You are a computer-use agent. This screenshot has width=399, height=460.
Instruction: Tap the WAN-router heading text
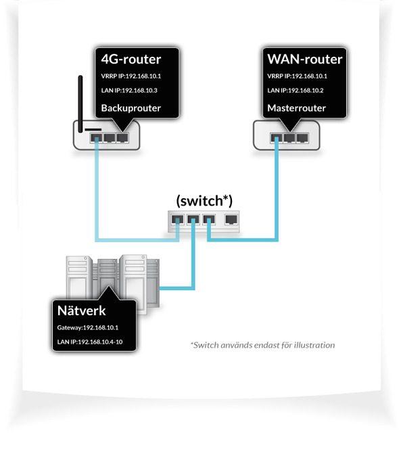coord(305,59)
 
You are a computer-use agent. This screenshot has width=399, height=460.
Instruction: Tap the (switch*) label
coord(204,201)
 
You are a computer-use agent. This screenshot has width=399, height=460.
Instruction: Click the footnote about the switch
coord(262,345)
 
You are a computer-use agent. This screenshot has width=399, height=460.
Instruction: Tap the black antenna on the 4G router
coord(81,101)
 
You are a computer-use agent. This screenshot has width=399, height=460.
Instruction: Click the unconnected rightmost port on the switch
coord(231,219)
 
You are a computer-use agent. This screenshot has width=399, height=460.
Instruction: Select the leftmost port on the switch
coord(178,219)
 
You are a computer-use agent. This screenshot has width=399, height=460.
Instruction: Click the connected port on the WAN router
coord(277,137)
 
